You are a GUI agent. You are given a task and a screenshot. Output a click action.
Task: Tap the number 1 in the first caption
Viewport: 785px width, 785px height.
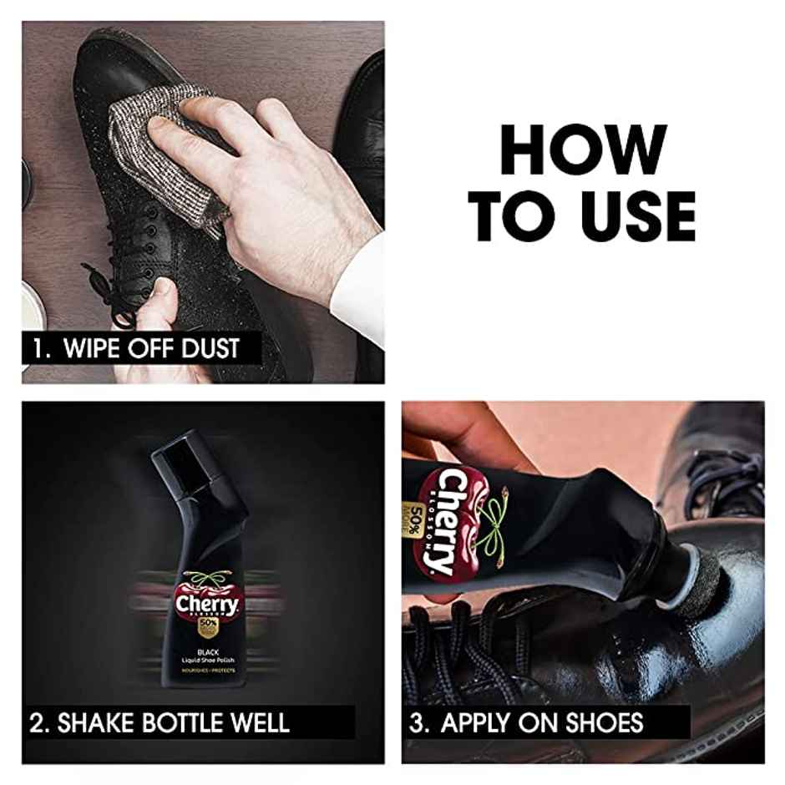38,347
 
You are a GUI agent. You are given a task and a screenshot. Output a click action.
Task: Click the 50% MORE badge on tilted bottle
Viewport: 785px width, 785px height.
415,529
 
